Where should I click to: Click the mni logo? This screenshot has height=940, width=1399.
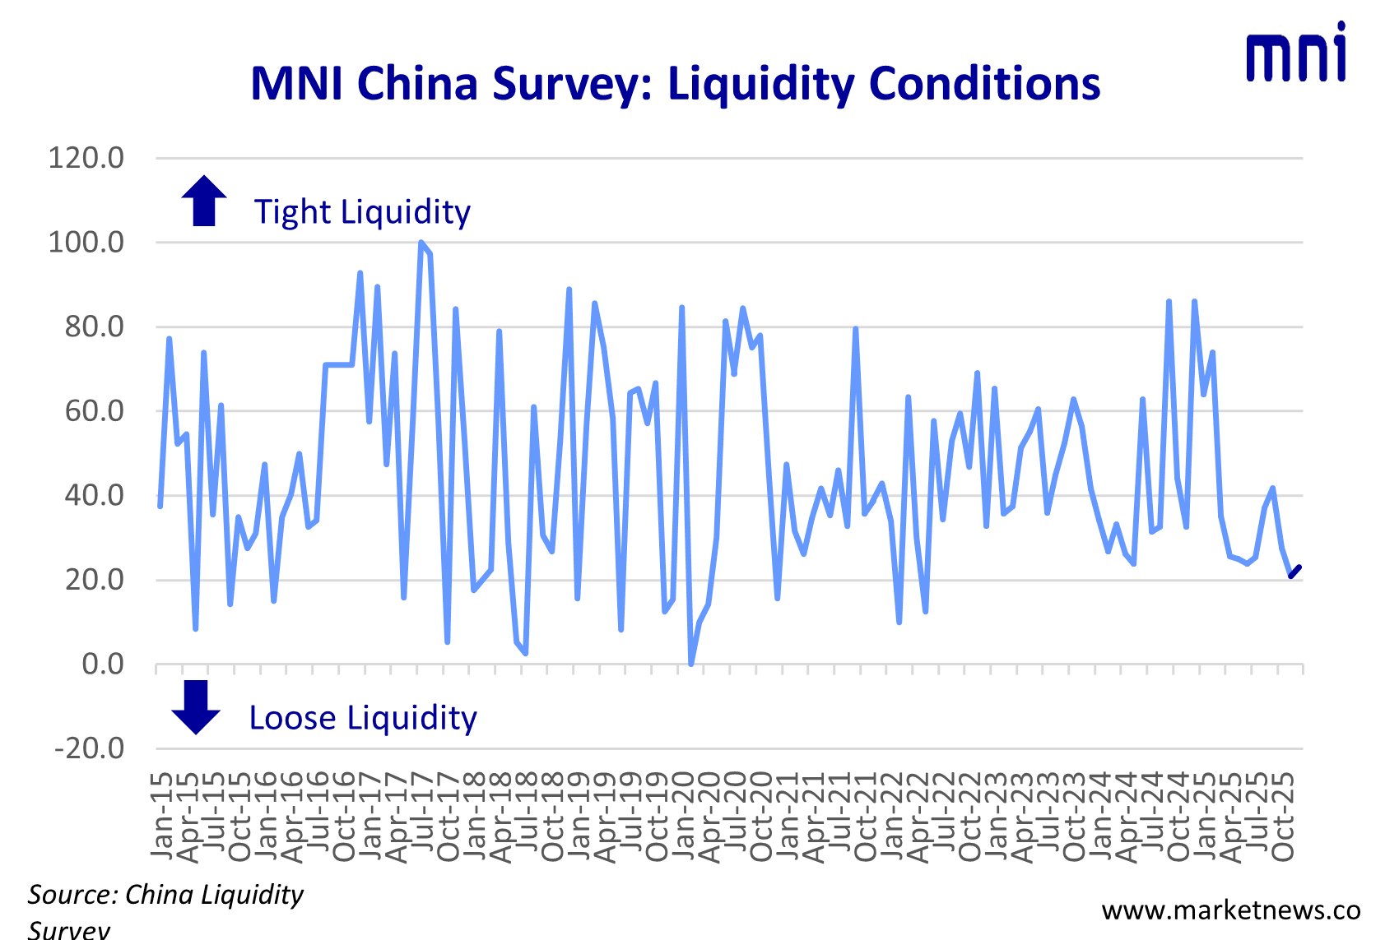(1296, 54)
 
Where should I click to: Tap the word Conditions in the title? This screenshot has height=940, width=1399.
(984, 84)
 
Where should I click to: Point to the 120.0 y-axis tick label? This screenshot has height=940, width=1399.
(86, 157)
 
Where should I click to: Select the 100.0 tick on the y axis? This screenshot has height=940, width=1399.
(86, 243)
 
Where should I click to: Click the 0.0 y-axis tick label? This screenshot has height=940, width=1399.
(102, 664)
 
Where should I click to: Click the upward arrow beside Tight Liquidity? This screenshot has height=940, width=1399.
(203, 201)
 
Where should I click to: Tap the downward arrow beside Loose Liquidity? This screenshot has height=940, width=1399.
(196, 707)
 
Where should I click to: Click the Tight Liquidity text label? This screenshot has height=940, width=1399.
(362, 212)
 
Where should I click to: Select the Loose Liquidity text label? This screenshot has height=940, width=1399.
(362, 718)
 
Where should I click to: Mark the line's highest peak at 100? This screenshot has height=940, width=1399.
(421, 243)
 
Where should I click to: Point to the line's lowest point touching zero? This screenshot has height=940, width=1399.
(690, 663)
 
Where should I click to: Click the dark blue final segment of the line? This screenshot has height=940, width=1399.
(1294, 572)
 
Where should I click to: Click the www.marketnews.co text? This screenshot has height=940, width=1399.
(1230, 910)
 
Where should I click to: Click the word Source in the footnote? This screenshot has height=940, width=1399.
(72, 895)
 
